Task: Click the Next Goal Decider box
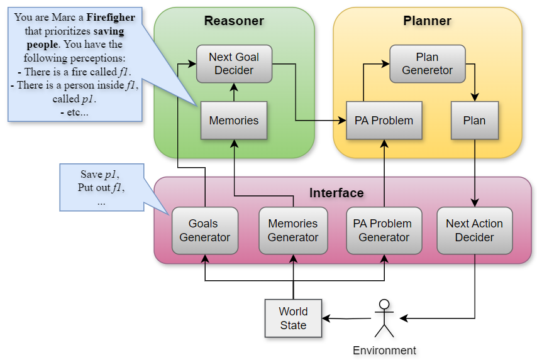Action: [234, 63]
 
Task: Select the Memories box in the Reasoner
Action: [234, 120]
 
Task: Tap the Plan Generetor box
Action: [427, 63]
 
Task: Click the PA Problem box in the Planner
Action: [383, 120]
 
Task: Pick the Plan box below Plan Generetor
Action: [474, 120]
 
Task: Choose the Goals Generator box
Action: [204, 231]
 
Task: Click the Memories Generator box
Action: [293, 231]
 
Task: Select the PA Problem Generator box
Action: [383, 231]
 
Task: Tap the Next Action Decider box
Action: [474, 231]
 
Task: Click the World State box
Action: [293, 318]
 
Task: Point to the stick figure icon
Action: [384, 318]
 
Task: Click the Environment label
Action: [384, 351]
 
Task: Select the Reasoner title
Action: [234, 21]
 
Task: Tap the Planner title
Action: [427, 21]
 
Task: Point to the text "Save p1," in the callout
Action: [100, 174]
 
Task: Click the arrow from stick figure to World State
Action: [346, 318]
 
